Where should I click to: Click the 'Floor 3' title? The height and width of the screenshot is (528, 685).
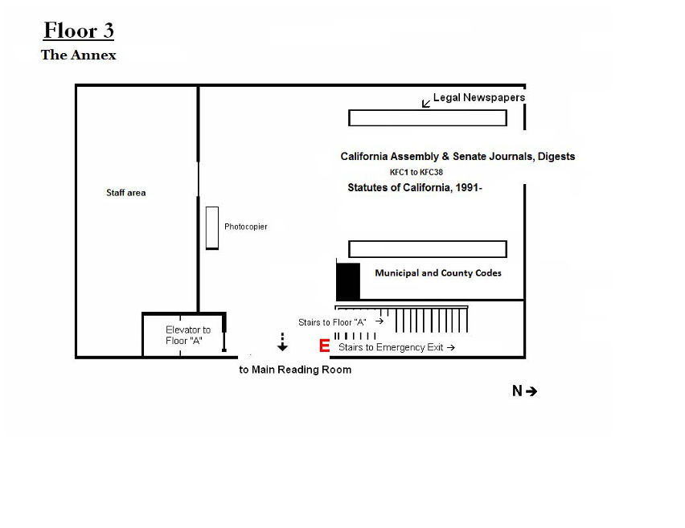point(79,31)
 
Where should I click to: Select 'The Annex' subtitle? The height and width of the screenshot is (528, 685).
point(79,55)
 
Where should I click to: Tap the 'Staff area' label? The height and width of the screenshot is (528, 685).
point(126,193)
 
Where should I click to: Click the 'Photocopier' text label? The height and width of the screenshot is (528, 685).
point(245,227)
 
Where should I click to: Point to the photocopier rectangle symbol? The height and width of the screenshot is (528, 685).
point(211,227)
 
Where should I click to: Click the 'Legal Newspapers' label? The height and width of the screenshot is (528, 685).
point(478,97)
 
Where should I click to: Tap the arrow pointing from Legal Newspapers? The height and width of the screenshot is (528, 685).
point(426,103)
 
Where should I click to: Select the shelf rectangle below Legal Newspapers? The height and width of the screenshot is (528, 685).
point(427,118)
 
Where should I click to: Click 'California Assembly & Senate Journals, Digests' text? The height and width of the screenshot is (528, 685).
point(457,157)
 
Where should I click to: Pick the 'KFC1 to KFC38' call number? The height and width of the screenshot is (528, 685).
point(416,172)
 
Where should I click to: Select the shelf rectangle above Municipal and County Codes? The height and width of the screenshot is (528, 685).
point(427,249)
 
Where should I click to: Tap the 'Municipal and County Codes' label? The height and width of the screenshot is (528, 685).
point(437,273)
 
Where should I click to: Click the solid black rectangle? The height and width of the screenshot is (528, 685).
point(348,281)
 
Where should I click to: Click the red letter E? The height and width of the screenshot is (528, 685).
point(325,346)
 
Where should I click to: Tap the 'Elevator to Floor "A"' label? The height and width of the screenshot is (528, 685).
point(188,335)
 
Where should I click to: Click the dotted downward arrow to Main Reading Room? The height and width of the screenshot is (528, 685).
point(282,342)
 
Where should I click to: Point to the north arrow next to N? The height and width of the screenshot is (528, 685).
point(531,391)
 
